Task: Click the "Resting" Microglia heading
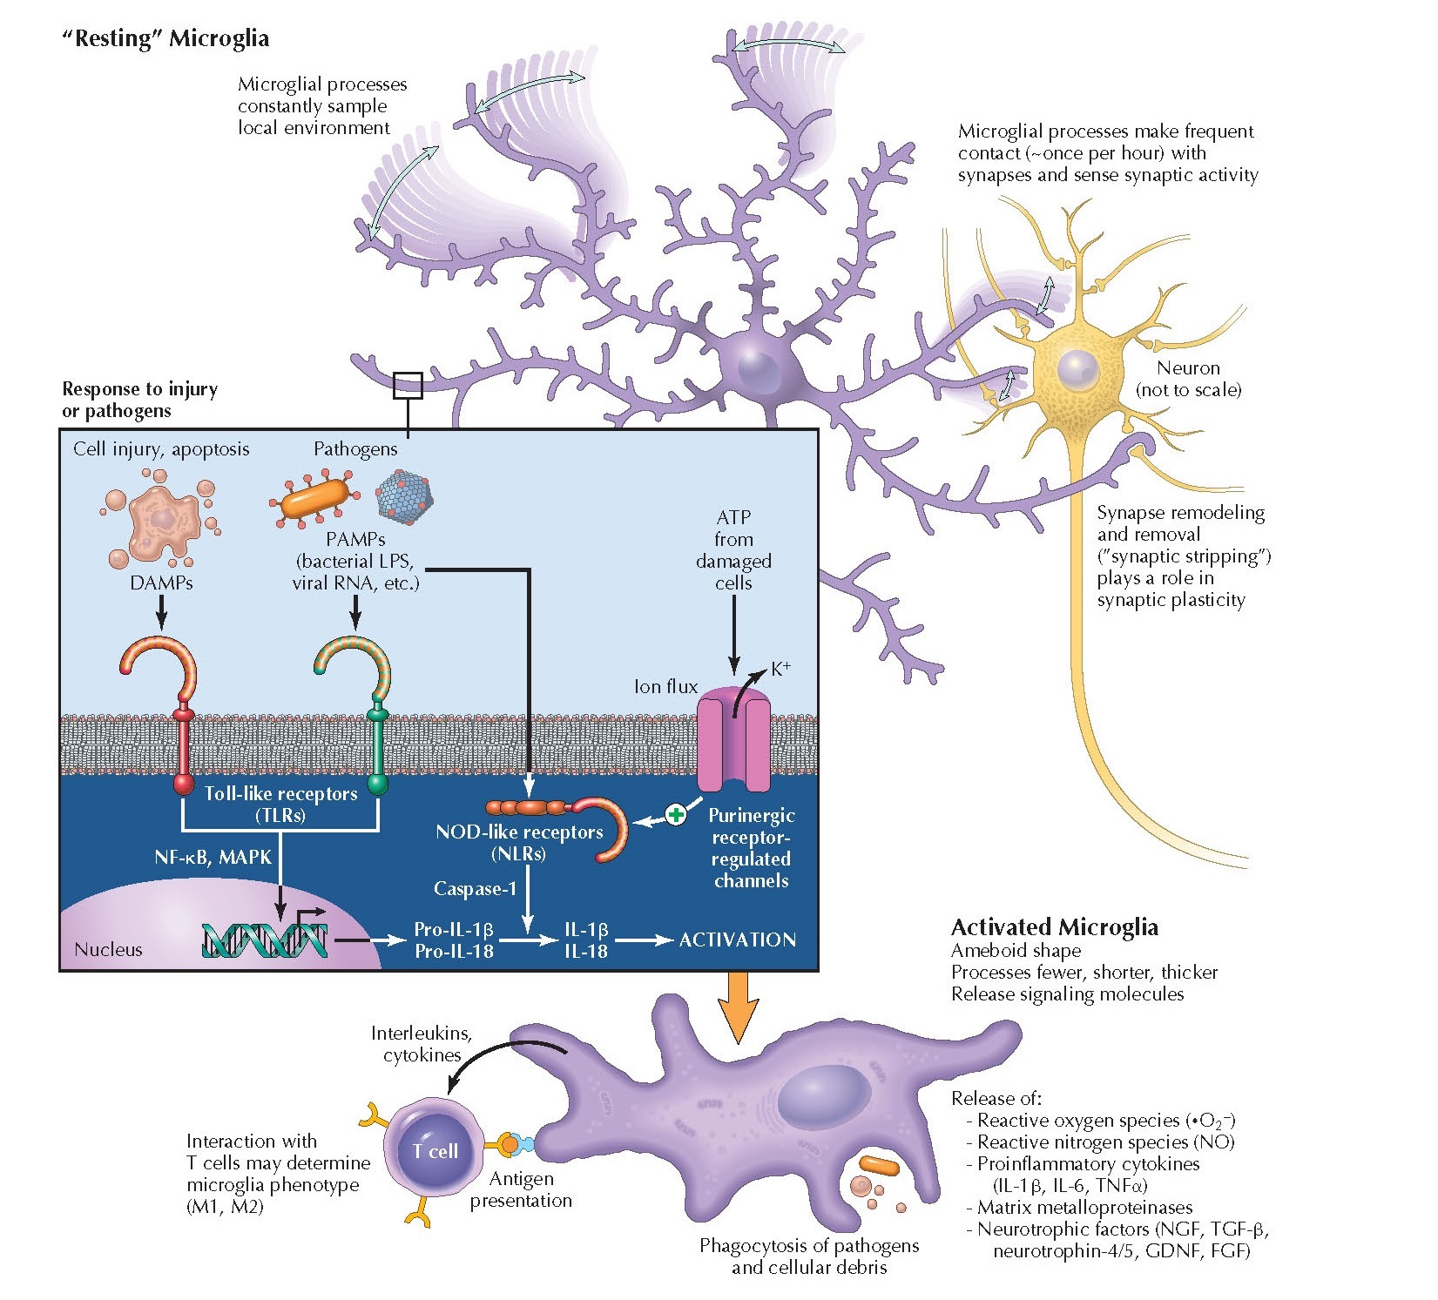(x=165, y=39)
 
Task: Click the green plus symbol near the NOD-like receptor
(x=676, y=815)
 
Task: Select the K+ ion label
(x=780, y=669)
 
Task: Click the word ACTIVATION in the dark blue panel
(x=737, y=940)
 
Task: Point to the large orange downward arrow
(x=738, y=1006)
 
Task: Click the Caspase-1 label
(x=475, y=889)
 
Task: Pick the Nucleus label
(x=108, y=949)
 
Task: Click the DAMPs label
(x=161, y=583)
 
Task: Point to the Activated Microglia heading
(x=1054, y=927)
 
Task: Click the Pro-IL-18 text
(x=453, y=952)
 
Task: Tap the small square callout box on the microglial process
(x=408, y=386)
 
